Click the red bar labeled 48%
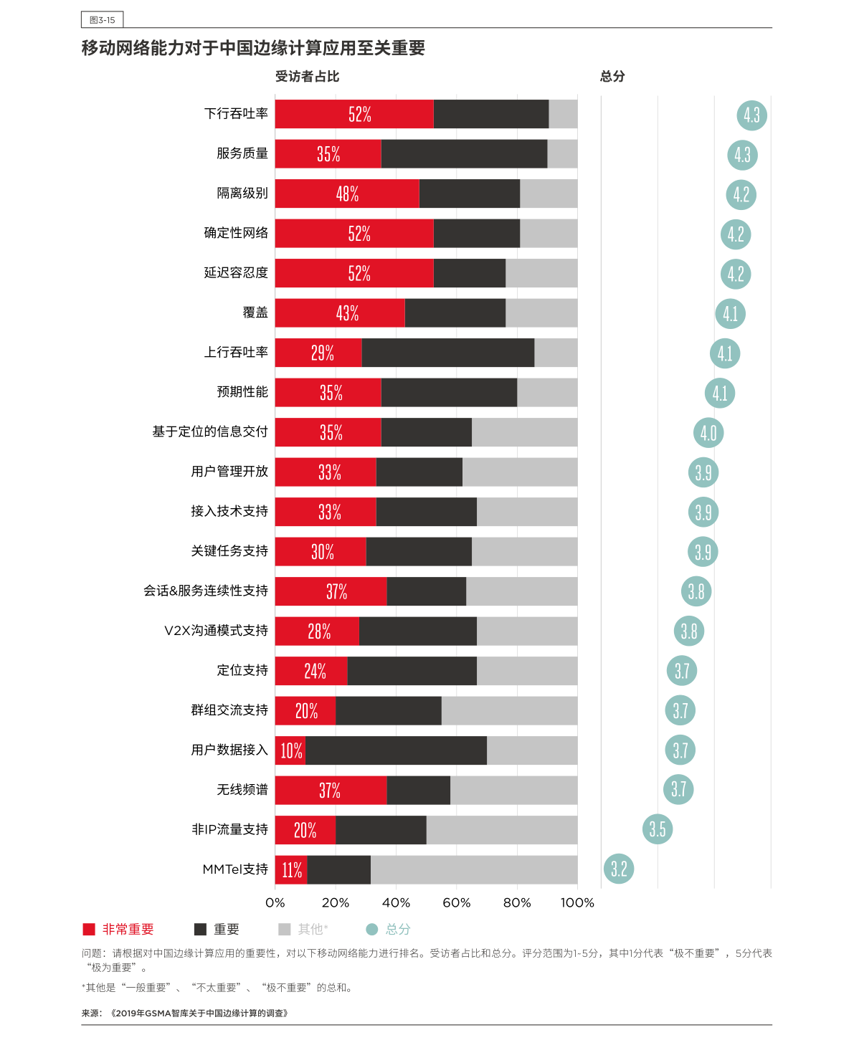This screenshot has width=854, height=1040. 347,194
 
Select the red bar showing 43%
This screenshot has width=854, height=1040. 340,313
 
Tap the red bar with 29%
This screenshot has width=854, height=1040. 318,353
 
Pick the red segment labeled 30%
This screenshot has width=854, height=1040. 321,552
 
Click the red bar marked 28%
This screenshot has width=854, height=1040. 317,631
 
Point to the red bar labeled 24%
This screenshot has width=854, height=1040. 311,671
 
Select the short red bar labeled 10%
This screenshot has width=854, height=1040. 290,750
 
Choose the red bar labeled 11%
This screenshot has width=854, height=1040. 291,870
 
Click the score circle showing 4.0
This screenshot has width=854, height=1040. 708,433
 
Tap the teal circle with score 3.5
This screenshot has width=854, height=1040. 658,829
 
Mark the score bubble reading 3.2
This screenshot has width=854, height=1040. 619,869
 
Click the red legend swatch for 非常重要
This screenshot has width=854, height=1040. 89,930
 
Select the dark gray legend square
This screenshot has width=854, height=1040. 200,930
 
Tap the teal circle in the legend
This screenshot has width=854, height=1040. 371,930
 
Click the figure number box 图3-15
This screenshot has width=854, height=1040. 102,20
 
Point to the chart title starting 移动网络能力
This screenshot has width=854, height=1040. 253,48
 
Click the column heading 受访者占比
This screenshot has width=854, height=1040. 307,77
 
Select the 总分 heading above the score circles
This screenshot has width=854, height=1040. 612,77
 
